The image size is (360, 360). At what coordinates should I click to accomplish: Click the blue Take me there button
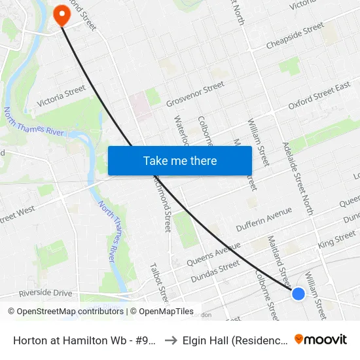coord(179,160)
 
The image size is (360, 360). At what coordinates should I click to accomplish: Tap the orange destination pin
coord(62,15)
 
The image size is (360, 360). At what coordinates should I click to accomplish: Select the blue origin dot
coord(298,294)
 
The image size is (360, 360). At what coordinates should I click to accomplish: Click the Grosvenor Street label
coord(195,94)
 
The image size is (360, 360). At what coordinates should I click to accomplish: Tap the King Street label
coord(336,239)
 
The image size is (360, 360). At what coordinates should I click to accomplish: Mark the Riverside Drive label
coord(45,293)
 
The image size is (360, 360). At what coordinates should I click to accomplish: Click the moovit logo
coord(320,339)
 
